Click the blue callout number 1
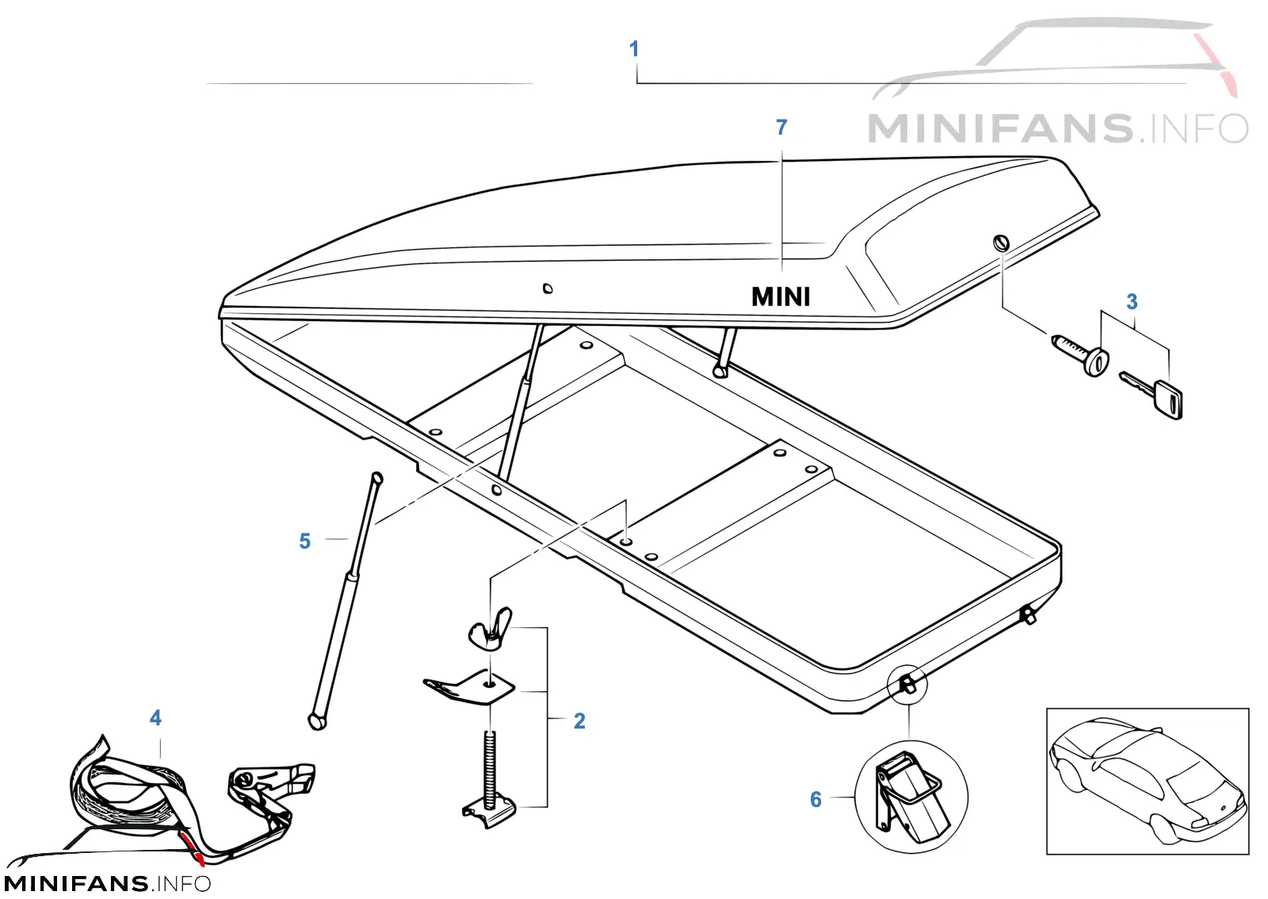click(634, 48)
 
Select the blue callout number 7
click(781, 128)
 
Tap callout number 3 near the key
click(1132, 302)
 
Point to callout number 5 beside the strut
click(304, 541)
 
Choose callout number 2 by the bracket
click(579, 721)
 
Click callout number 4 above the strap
click(155, 718)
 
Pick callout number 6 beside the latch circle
click(815, 799)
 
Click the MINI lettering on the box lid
click(781, 296)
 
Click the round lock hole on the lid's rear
click(1002, 243)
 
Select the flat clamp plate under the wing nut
click(469, 687)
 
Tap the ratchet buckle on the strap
click(266, 793)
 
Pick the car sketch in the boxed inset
click(1147, 780)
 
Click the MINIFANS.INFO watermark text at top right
click(1057, 128)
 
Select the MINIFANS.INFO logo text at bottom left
click(107, 884)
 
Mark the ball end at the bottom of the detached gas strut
click(317, 721)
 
